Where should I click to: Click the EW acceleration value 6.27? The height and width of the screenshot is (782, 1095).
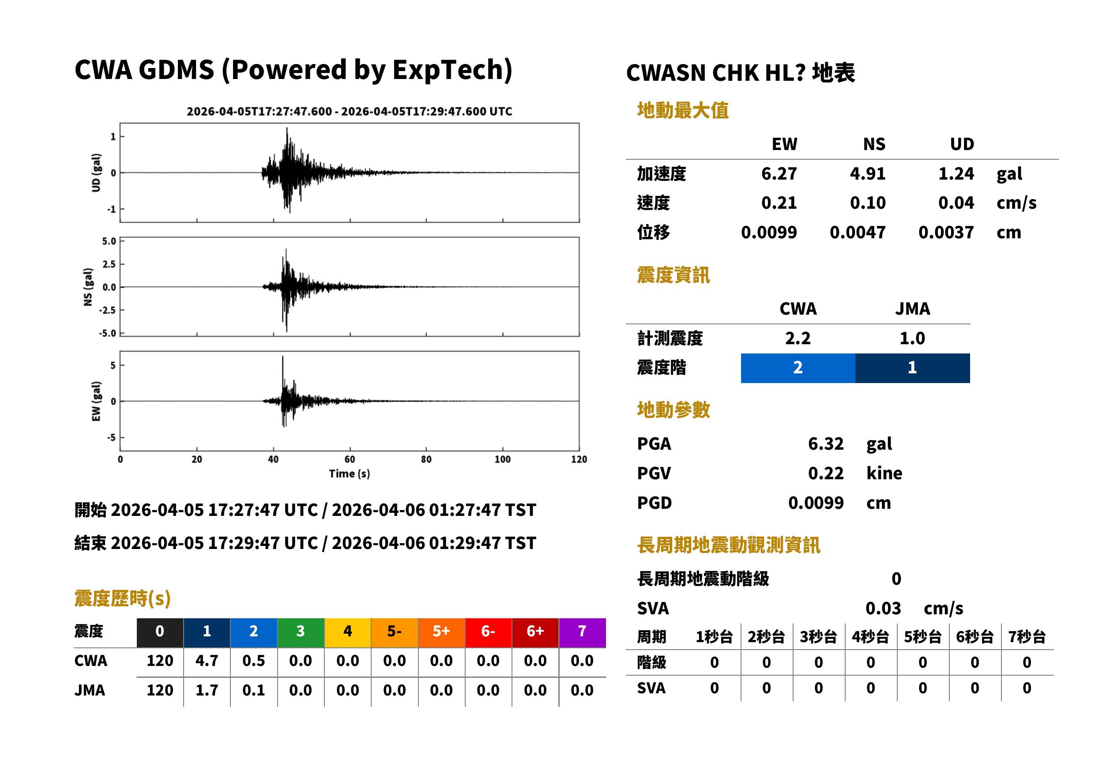pyautogui.click(x=779, y=173)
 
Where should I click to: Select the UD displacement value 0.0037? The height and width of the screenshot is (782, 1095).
pyautogui.click(x=946, y=233)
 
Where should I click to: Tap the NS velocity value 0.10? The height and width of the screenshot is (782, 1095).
pyautogui.click(x=867, y=203)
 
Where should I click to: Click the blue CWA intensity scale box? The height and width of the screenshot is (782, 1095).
pyautogui.click(x=798, y=368)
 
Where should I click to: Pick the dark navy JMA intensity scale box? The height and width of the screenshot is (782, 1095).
pyautogui.click(x=913, y=368)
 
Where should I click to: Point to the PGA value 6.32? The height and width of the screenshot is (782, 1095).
pyautogui.click(x=826, y=444)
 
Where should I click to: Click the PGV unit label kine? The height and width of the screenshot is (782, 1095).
pyautogui.click(x=884, y=474)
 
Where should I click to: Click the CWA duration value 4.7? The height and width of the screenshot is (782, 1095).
pyautogui.click(x=207, y=661)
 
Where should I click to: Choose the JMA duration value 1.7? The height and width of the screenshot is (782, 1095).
pyautogui.click(x=207, y=691)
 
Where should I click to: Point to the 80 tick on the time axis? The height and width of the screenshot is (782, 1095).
pyautogui.click(x=426, y=459)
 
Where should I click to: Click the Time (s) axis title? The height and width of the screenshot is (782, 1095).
pyautogui.click(x=350, y=474)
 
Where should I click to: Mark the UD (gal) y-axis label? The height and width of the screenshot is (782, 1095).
pyautogui.click(x=96, y=173)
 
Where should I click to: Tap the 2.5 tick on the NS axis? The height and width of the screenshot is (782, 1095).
pyautogui.click(x=109, y=264)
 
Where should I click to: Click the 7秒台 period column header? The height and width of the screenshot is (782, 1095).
pyautogui.click(x=1027, y=637)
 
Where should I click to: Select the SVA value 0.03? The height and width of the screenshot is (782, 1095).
pyautogui.click(x=883, y=608)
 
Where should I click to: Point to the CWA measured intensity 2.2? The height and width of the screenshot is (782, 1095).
pyautogui.click(x=798, y=338)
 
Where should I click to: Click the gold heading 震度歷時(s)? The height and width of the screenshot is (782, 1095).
pyautogui.click(x=122, y=598)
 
